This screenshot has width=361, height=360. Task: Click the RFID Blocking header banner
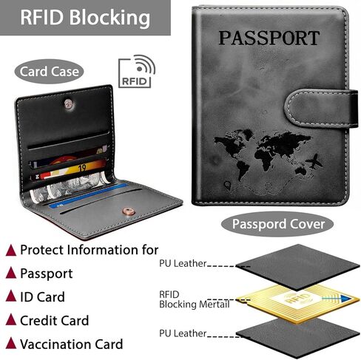[85, 18]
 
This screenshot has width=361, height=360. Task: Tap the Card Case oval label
[50, 72]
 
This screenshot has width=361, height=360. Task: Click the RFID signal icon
[137, 71]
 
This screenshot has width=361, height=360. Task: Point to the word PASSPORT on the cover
[269, 38]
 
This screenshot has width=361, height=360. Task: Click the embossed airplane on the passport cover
[314, 161]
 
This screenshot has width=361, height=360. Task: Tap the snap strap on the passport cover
[321, 108]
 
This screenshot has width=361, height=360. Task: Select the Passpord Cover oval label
[277, 224]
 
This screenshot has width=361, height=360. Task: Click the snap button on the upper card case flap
[69, 104]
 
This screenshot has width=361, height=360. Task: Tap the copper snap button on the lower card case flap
[128, 211]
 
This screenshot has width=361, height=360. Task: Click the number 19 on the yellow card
[82, 168]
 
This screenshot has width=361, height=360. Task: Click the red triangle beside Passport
[11, 273]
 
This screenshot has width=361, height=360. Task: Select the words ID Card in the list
[42, 296]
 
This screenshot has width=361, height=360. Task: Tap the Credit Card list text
[54, 320]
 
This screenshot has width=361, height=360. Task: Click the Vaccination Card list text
[72, 344]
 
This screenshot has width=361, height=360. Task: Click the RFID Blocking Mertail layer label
[195, 299]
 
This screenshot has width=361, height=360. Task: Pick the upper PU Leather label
[183, 263]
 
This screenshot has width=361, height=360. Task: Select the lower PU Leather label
[183, 333]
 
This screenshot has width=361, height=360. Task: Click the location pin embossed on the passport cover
[227, 186]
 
